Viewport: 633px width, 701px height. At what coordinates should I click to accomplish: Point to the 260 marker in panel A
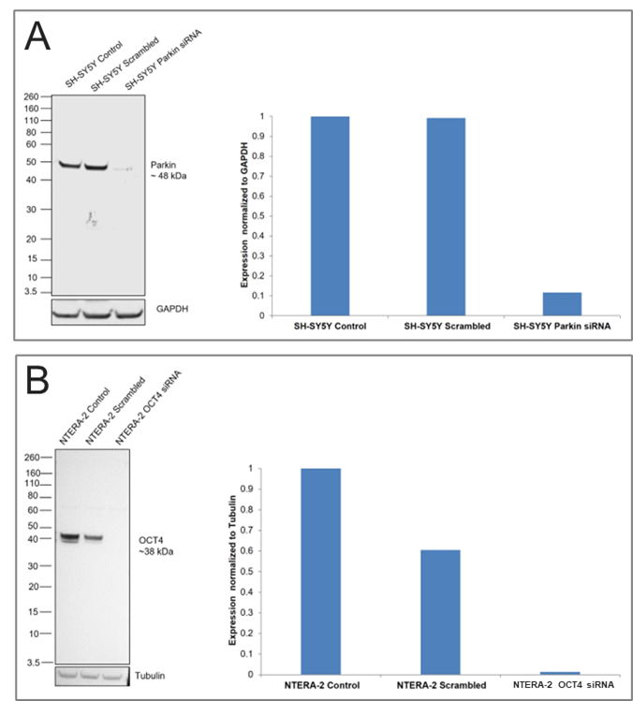pos(30,96)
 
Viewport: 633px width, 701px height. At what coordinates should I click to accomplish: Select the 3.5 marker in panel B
pos(31,663)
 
